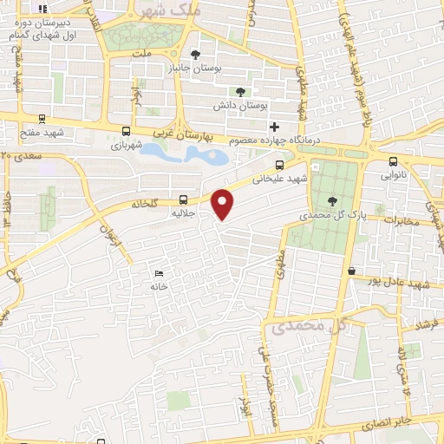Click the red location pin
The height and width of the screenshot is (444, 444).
point(223,204)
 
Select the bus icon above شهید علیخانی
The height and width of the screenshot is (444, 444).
point(279,165)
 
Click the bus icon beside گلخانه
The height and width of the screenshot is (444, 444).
point(183,198)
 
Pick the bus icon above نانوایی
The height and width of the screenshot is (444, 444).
point(394,160)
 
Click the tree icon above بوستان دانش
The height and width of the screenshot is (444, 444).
point(240,92)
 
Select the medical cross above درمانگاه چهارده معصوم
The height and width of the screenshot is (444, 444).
point(275,127)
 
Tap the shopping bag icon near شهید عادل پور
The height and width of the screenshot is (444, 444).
point(351,272)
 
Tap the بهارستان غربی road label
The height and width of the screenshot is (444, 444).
point(191,134)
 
